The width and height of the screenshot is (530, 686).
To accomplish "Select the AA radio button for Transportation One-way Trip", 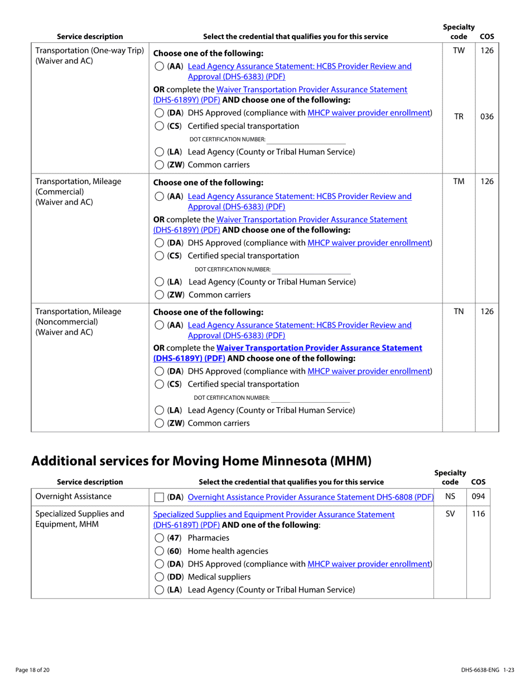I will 159,67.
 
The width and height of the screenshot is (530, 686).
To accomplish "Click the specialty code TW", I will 458,51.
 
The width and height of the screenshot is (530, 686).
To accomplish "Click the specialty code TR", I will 458,117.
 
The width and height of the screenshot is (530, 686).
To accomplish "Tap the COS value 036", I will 486,117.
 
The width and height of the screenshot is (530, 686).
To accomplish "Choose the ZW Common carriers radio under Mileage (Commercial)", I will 159,295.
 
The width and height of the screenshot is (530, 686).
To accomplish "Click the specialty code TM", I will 458,182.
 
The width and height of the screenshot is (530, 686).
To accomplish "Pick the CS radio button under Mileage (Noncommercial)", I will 159,384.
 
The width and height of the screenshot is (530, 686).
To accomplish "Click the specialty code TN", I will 458,312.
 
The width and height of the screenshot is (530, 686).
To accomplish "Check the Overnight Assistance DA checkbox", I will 159,497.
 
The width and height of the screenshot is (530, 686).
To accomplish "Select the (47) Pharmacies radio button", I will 159,538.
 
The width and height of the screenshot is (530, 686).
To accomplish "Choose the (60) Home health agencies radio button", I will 159,551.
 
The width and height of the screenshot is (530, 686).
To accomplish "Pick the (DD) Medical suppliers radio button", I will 159,577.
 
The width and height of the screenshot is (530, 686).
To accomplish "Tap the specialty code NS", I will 450,496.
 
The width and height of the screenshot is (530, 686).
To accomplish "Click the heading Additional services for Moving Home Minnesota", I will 201,461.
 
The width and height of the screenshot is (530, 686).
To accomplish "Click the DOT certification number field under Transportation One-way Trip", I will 306,139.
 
